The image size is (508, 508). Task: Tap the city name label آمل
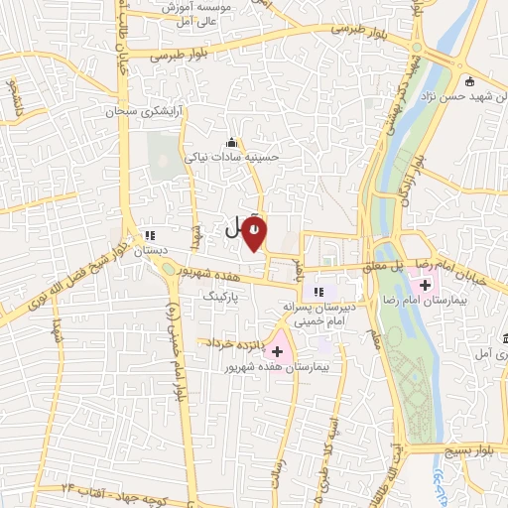pos(233,228)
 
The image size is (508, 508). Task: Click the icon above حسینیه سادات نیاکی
pos(232,142)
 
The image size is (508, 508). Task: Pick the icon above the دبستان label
pos(150,236)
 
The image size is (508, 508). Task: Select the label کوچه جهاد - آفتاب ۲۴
pos(100,490)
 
